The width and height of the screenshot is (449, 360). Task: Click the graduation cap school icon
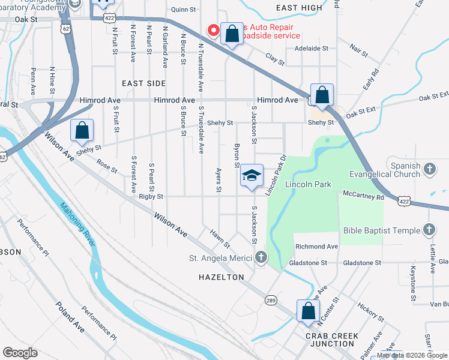(x=252, y=175)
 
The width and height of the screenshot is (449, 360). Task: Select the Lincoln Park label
(x=309, y=184)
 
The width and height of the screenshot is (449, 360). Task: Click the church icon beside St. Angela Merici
(x=261, y=259)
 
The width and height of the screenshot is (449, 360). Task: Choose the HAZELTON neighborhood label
(x=222, y=277)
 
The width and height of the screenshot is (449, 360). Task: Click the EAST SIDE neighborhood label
(x=144, y=83)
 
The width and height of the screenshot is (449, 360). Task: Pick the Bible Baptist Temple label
(x=382, y=230)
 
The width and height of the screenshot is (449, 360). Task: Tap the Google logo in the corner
(x=20, y=353)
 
